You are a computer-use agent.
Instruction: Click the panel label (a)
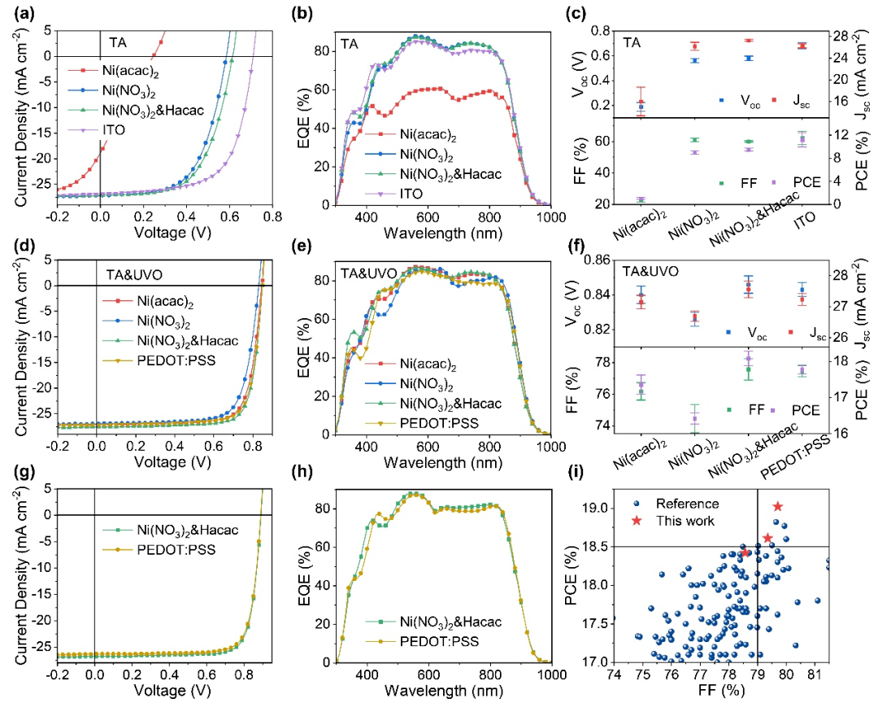(17, 11)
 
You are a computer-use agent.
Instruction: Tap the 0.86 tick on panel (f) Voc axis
(591, 260)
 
